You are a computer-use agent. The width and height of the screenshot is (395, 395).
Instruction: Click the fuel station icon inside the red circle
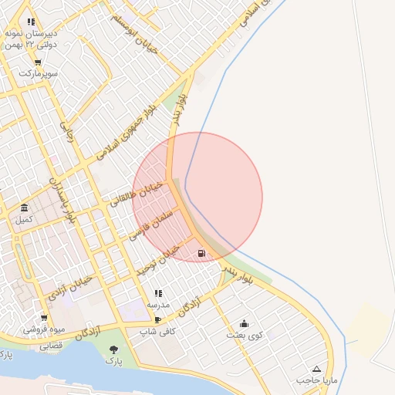point(201,252)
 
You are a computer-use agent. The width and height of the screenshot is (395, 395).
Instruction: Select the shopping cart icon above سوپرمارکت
point(38,62)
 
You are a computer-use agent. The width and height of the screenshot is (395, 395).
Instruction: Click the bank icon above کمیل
point(25,208)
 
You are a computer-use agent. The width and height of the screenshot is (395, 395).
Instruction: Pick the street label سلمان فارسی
point(154,223)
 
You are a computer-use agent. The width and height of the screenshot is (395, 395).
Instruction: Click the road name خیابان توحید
point(157,260)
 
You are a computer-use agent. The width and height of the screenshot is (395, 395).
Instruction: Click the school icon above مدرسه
point(158,294)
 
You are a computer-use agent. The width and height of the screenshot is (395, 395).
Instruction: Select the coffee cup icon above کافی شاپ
point(158,319)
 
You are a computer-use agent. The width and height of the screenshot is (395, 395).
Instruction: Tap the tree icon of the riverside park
point(114,349)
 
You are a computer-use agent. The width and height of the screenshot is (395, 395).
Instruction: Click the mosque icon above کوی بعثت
point(245,323)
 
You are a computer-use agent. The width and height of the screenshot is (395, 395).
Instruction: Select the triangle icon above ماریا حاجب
point(316,369)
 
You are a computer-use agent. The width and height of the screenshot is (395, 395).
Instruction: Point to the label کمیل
point(25,220)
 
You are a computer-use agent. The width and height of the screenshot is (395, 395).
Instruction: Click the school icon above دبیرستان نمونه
point(31,22)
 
